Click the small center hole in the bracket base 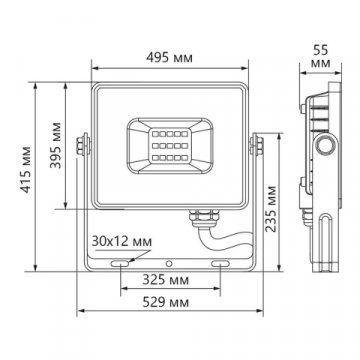tap(170, 262)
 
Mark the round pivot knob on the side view tap(325, 149)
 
